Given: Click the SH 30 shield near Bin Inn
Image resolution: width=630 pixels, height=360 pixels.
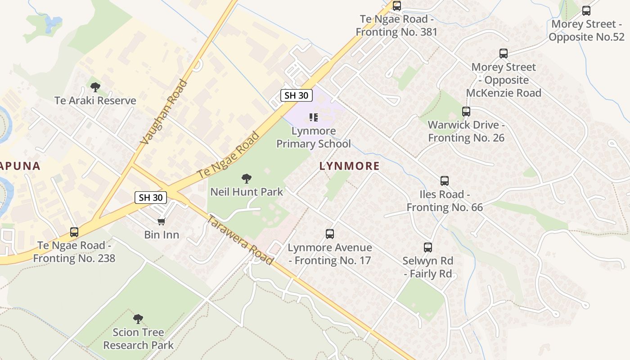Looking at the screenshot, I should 151,197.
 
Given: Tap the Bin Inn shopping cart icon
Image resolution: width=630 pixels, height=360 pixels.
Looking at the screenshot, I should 162,221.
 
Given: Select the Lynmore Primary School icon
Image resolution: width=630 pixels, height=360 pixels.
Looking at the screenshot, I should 314,118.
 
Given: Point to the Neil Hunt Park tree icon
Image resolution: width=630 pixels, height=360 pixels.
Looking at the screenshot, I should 247,179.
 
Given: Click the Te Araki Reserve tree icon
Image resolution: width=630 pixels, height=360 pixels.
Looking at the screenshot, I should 95,87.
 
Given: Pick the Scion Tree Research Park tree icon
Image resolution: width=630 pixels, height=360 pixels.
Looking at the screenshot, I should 138,319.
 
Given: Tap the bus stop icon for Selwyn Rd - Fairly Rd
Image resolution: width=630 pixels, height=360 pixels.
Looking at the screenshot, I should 428,247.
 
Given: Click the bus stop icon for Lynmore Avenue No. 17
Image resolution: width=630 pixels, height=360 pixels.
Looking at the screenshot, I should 330,234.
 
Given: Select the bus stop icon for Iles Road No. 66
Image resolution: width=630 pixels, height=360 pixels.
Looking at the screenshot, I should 445,181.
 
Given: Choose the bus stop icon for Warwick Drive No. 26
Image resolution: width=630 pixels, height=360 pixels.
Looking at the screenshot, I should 466,112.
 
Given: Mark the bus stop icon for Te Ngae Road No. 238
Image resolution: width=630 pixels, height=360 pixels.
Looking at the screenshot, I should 74,232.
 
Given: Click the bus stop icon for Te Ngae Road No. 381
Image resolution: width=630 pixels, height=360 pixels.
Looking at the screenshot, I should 397,6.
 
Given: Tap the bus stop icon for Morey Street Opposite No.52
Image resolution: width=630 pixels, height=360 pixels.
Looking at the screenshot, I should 586,11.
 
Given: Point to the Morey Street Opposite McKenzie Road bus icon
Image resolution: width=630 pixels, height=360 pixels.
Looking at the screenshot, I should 504,54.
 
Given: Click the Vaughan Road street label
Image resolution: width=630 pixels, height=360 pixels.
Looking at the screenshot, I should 163,112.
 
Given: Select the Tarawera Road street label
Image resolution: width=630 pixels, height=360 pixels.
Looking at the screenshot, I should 240,240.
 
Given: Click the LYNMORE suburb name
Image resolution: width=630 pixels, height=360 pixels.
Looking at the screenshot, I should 350,166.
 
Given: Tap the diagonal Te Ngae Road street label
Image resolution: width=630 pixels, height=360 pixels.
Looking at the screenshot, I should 229,154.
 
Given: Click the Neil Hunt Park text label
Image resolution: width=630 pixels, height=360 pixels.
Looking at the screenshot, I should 247,192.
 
